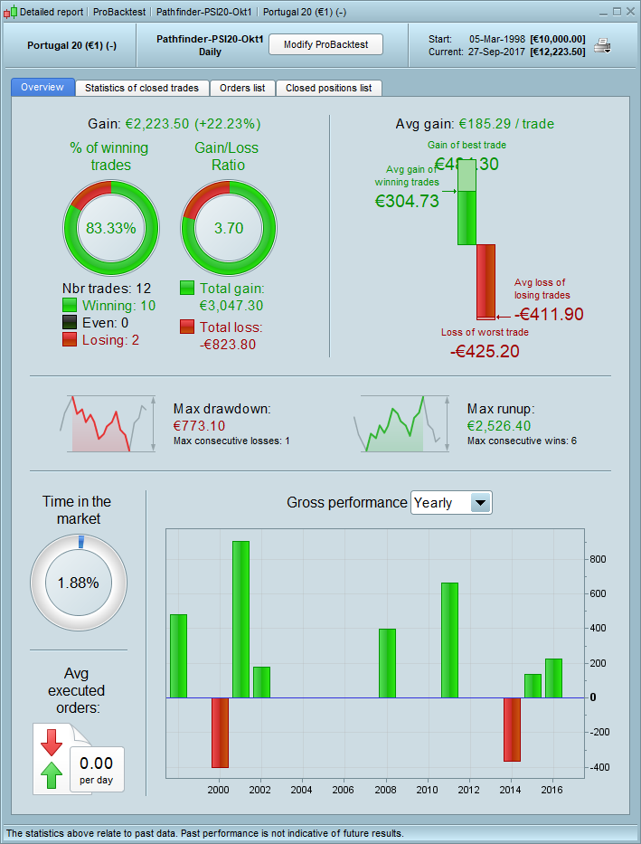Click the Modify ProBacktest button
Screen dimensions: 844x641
pos(325,44)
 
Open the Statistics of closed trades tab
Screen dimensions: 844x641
pos(142,88)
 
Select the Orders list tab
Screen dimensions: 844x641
pos(242,88)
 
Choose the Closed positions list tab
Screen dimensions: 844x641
pos(328,88)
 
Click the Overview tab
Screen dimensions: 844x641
pos(42,88)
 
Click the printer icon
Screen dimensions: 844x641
pos(602,46)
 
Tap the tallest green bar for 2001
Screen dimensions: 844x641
pos(240,619)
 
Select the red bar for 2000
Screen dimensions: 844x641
pos(220,732)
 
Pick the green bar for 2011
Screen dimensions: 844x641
pos(449,640)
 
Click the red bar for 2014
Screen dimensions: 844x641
pos(512,729)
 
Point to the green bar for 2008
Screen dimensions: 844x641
pos(387,663)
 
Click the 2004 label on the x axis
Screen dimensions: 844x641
pos(302,790)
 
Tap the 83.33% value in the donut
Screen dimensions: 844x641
pos(110,228)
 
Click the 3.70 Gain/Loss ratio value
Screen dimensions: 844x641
pos(229,228)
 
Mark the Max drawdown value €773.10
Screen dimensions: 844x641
pos(199,425)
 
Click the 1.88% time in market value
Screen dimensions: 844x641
pos(78,583)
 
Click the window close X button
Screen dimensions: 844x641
pos(628,12)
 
